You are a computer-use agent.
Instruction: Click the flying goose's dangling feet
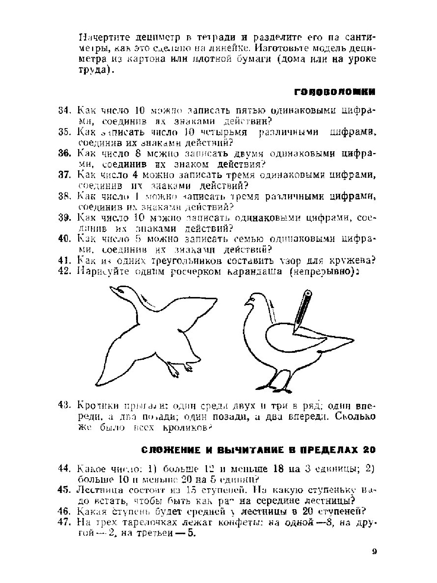(180, 369)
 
